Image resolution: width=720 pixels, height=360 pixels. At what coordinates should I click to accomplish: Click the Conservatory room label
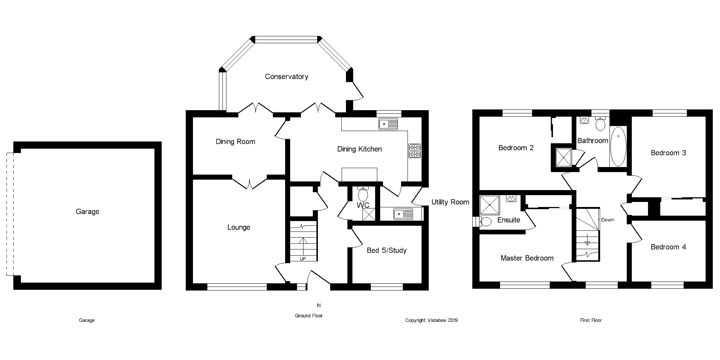(x=286, y=77)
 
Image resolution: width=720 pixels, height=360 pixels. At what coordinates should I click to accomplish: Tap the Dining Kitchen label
(x=359, y=149)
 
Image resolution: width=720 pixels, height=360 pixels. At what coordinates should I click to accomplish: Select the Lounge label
(x=239, y=228)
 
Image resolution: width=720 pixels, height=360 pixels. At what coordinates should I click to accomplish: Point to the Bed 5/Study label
(x=386, y=251)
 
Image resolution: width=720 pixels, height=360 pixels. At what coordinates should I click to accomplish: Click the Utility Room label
(x=450, y=202)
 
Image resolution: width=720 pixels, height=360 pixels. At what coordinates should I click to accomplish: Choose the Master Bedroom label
(x=527, y=258)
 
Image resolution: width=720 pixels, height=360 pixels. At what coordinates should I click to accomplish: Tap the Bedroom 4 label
(x=668, y=247)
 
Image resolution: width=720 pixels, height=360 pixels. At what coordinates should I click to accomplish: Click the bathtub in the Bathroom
(x=618, y=146)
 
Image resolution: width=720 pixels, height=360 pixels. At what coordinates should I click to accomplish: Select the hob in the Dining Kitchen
(x=414, y=151)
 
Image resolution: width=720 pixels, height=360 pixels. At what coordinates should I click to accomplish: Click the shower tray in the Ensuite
(x=490, y=206)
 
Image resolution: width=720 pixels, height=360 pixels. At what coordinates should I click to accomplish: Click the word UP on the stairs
(x=303, y=258)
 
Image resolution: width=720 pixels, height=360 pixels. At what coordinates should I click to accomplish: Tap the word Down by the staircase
(x=607, y=220)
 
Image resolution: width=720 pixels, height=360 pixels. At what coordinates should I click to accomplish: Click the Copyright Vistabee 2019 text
(x=431, y=320)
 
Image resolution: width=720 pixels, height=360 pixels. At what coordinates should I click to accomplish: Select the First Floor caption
(x=591, y=320)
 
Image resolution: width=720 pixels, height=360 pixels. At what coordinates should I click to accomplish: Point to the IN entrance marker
(x=319, y=306)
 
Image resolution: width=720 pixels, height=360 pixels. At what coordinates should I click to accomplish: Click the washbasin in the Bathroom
(x=585, y=121)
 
